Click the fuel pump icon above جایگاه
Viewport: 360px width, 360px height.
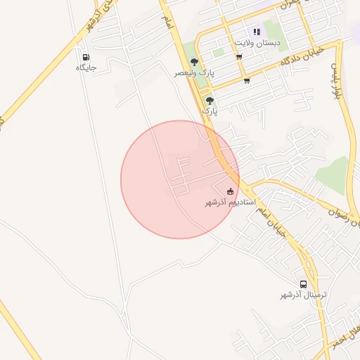(x=86, y=58)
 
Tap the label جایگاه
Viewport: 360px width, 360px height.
(x=86, y=68)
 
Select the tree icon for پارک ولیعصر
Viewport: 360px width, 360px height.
(x=194, y=63)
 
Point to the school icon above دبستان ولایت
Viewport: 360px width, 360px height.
(x=257, y=32)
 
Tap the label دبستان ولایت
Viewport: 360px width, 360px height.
(x=258, y=42)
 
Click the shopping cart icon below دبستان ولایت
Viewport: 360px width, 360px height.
(x=240, y=57)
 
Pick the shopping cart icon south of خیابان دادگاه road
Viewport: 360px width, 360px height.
(x=247, y=81)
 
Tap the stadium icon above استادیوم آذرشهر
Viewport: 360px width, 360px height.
(x=230, y=191)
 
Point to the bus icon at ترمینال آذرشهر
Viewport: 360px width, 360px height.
(x=303, y=284)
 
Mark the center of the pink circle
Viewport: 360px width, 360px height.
(x=180, y=179)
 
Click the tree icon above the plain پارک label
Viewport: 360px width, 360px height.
(x=210, y=101)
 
